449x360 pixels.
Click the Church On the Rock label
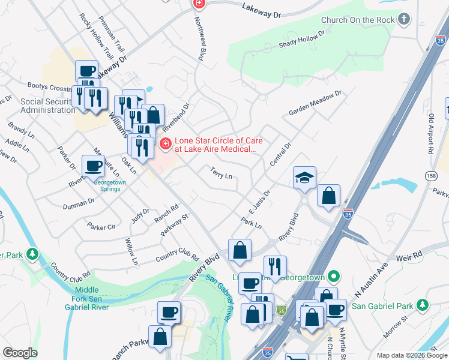(x=358, y=20)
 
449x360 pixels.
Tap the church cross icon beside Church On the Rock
(x=405, y=19)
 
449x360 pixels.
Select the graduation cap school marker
(x=304, y=177)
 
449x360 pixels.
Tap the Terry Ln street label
(x=221, y=173)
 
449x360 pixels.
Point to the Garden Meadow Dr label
(x=315, y=103)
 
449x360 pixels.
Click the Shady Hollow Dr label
(x=301, y=43)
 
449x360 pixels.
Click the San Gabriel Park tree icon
(x=423, y=306)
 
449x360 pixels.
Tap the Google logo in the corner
(x=19, y=353)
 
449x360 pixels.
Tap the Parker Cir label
(x=101, y=227)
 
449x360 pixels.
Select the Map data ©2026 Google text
(x=411, y=355)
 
